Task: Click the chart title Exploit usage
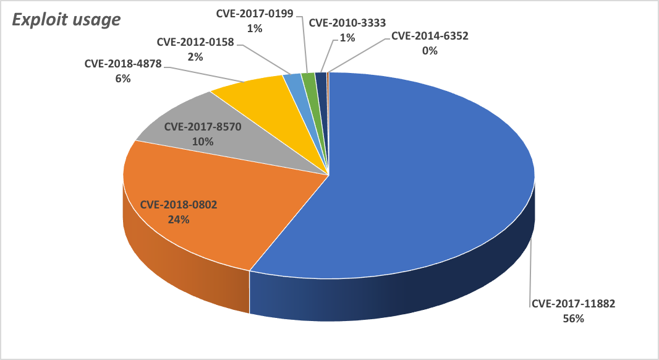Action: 66,20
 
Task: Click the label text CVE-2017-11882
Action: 573,304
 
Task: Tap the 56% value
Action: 573,319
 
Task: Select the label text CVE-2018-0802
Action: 179,205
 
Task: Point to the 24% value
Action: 179,220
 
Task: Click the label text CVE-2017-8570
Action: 203,127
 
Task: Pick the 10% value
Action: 203,142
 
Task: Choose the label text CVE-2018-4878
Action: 123,64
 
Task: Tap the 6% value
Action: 123,79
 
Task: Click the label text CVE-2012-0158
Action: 195,42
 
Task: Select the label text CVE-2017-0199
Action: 255,14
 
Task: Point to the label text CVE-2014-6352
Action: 430,36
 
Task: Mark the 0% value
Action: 430,51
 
